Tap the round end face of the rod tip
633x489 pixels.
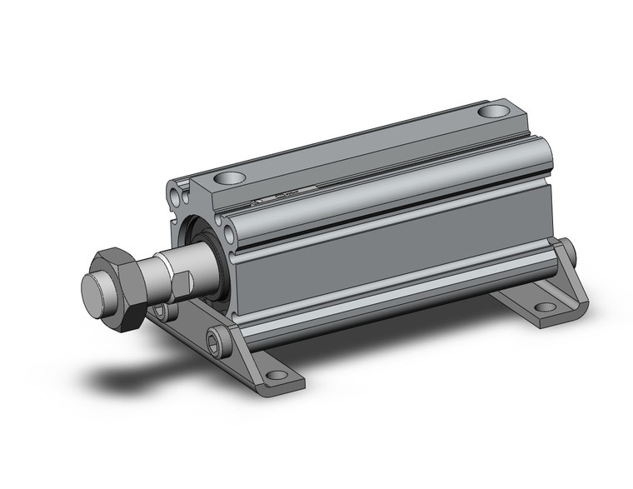(x=97, y=287)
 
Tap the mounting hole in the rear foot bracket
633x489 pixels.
(x=546, y=307)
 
